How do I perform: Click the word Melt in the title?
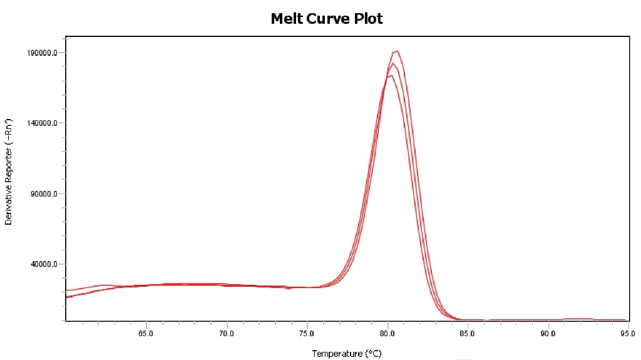[285, 19]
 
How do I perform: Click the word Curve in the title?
[326, 19]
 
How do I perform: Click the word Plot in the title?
[367, 19]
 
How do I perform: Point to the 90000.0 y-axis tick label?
[44, 194]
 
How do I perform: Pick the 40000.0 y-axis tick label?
[44, 264]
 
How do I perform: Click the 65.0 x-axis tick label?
[146, 334]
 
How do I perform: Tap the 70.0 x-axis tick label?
[227, 334]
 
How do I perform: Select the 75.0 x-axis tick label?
[307, 334]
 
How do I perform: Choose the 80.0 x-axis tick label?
[387, 334]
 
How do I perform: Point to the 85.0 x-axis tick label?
[468, 334]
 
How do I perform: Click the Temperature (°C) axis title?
[346, 354]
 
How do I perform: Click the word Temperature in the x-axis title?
[337, 354]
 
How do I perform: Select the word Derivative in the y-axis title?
[9, 206]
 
